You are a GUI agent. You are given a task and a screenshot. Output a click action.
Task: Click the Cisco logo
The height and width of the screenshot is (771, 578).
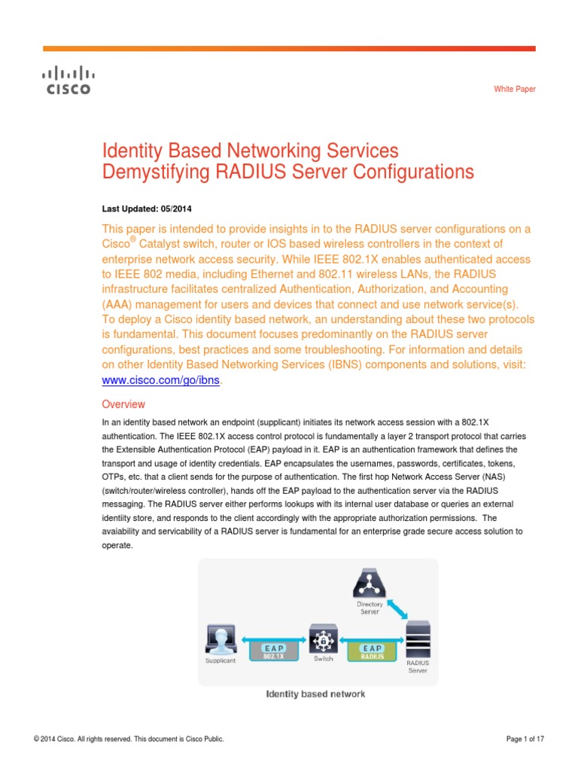click(x=65, y=81)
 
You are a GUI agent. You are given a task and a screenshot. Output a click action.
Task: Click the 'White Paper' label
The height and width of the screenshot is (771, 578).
click(x=515, y=89)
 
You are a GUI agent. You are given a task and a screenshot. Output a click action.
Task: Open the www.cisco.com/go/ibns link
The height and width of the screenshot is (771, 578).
click(x=162, y=380)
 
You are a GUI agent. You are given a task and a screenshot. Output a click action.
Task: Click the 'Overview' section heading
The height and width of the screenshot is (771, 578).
click(x=123, y=404)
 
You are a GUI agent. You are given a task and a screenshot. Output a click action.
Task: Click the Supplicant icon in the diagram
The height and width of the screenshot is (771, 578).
click(x=221, y=639)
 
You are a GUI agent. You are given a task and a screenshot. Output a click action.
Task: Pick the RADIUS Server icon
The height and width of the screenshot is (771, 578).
click(x=418, y=638)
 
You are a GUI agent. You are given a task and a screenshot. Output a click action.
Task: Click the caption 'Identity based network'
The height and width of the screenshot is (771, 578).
click(x=315, y=693)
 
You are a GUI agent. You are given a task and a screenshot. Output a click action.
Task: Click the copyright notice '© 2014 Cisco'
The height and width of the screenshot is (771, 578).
click(x=129, y=739)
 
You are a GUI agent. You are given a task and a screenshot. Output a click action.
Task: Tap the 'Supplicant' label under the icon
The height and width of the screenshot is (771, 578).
click(x=221, y=660)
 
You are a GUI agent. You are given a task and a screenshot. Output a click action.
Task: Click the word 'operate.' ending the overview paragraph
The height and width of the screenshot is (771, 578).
click(x=117, y=546)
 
